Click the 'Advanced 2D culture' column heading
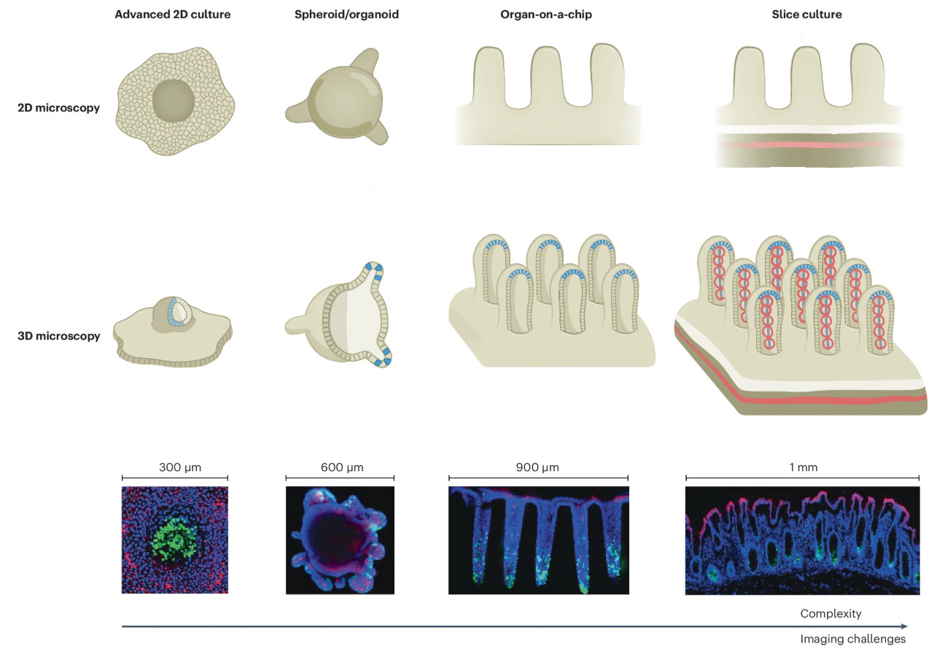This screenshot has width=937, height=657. tap(172, 14)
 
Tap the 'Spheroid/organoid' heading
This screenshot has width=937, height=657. tap(346, 14)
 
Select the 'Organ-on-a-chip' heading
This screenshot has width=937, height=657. tap(546, 14)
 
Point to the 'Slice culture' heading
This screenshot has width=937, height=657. tap(806, 14)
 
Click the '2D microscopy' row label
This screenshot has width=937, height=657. tap(58, 107)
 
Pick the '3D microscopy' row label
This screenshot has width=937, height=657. tap(58, 336)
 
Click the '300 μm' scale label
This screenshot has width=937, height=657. tap(180, 467)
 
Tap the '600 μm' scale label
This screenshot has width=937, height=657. tap(342, 467)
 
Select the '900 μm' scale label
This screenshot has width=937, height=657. tap(537, 467)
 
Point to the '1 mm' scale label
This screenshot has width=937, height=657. tap(803, 467)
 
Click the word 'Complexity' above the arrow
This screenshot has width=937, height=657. tap(831, 613)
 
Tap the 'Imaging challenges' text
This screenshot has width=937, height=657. tap(853, 639)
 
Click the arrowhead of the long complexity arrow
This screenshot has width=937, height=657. tap(904, 626)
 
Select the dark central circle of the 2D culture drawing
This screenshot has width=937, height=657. tap(173, 101)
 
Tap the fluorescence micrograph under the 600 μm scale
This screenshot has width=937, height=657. tap(340, 540)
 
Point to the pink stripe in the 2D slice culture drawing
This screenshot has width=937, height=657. tap(809, 144)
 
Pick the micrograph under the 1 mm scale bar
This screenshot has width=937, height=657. tap(802, 540)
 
